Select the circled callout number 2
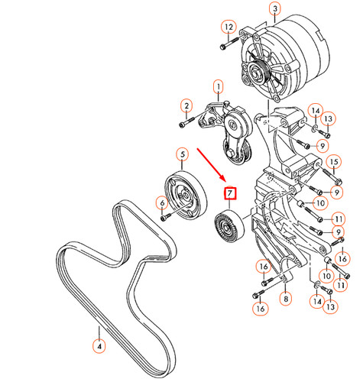tap(185, 105)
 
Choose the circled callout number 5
tap(183, 155)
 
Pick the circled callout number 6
tap(162, 202)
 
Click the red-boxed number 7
tap(230, 195)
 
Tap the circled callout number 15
tap(333, 162)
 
